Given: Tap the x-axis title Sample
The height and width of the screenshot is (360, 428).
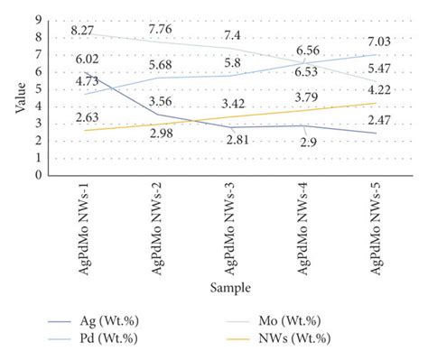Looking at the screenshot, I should pos(232,288).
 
